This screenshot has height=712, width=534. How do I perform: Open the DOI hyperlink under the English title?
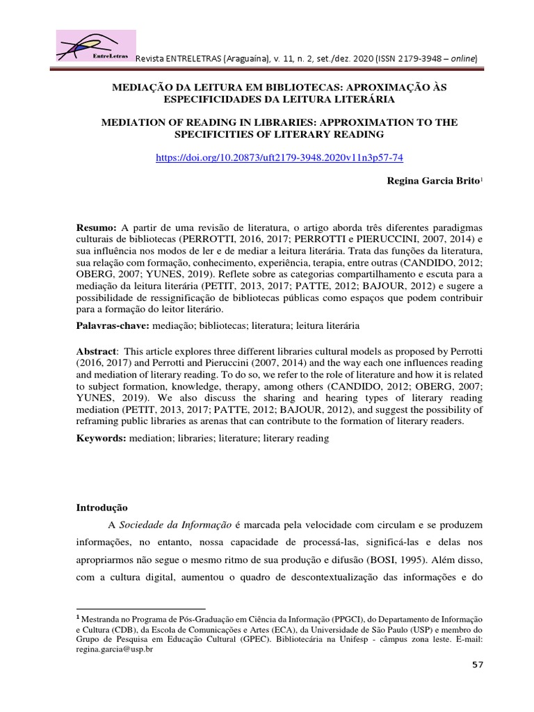point(280,157)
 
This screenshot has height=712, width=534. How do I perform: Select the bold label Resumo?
point(97,229)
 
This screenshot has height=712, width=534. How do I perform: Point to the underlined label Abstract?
point(96,351)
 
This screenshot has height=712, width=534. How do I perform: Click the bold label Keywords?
point(101,439)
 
